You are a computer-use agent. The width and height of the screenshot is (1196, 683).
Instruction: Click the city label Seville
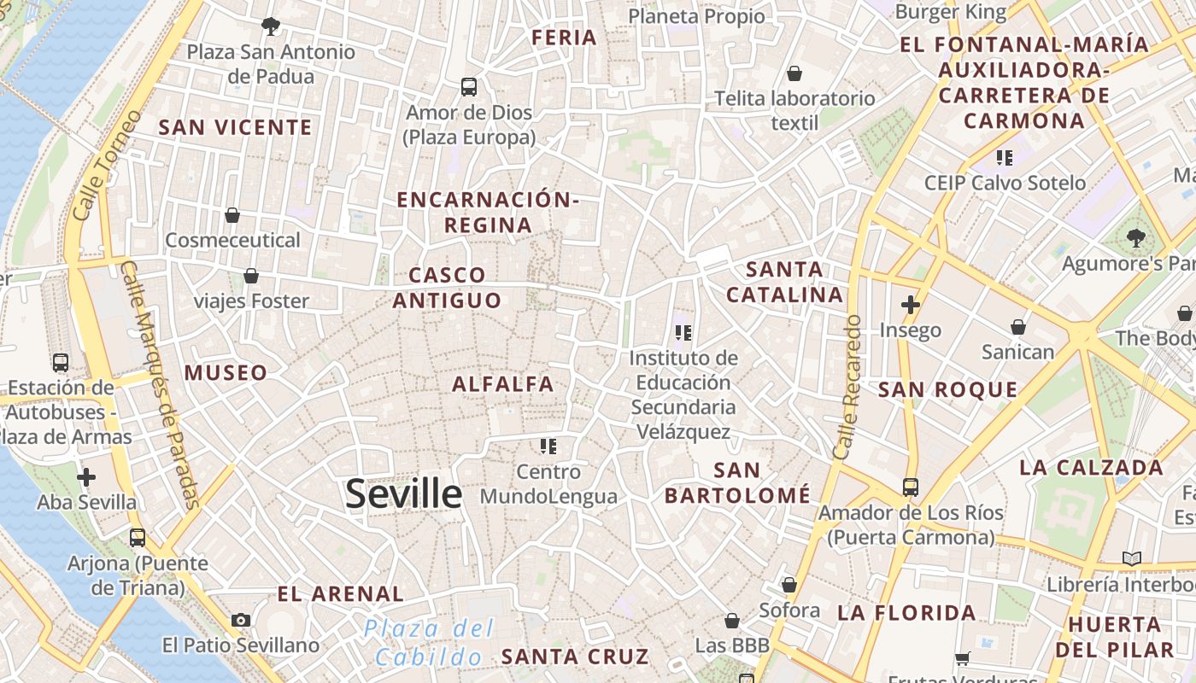tap(403, 494)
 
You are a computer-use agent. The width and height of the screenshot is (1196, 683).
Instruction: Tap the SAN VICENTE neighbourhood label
tap(236, 128)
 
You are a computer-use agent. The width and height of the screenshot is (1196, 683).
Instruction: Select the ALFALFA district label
tap(502, 384)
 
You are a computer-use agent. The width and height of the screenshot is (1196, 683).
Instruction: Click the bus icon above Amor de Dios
tap(468, 86)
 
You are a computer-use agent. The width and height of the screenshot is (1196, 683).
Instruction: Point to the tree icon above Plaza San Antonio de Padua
tap(271, 26)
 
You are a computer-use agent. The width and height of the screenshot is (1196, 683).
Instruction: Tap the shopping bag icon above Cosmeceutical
tap(232, 215)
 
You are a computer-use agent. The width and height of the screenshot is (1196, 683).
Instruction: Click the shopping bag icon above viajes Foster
tap(250, 276)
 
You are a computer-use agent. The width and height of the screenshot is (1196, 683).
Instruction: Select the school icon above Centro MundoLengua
tap(548, 446)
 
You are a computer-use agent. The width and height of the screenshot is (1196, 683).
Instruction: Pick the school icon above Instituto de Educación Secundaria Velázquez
tap(683, 332)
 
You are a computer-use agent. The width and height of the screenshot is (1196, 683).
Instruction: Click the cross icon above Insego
tap(910, 304)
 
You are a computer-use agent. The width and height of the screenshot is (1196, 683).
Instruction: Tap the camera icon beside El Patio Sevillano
tap(241, 620)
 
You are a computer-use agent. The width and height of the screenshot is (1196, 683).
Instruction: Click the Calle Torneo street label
tap(106, 165)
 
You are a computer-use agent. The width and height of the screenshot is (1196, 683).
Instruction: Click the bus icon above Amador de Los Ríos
tap(911, 487)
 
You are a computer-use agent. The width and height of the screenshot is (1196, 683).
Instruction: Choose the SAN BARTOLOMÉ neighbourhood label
tap(737, 482)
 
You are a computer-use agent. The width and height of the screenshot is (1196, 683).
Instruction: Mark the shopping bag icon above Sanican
tap(1017, 327)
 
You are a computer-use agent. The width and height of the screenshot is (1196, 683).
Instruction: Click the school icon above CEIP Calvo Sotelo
tap(1005, 157)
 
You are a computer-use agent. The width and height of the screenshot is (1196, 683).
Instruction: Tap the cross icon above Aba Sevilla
tap(86, 477)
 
